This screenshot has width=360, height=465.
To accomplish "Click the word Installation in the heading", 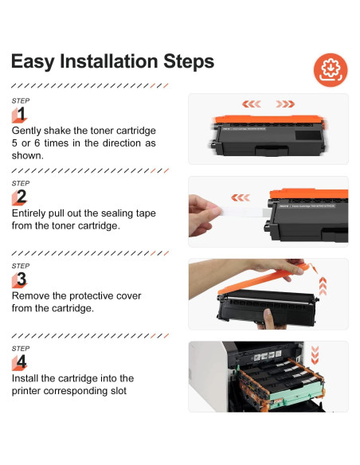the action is [109, 61].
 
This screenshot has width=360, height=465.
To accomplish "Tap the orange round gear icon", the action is [331, 70].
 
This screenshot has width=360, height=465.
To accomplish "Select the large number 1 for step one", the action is [21, 114].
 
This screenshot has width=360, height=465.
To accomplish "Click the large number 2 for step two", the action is [22, 197].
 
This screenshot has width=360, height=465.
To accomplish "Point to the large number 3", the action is [22, 279].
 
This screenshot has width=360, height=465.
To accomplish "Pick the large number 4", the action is [22, 361].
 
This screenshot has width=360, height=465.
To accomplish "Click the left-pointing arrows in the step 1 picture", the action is [252, 104].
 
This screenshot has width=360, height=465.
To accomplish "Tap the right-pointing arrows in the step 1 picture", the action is [285, 104].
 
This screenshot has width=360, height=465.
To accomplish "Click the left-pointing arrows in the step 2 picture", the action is [241, 197].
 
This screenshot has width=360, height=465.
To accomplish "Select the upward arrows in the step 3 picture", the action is [323, 286].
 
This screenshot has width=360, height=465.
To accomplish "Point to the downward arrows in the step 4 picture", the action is [315, 355].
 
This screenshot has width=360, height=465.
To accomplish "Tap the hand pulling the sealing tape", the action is [205, 215].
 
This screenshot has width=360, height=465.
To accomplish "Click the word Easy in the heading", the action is [33, 62].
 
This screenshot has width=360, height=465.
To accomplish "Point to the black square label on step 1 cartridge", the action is [308, 135].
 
